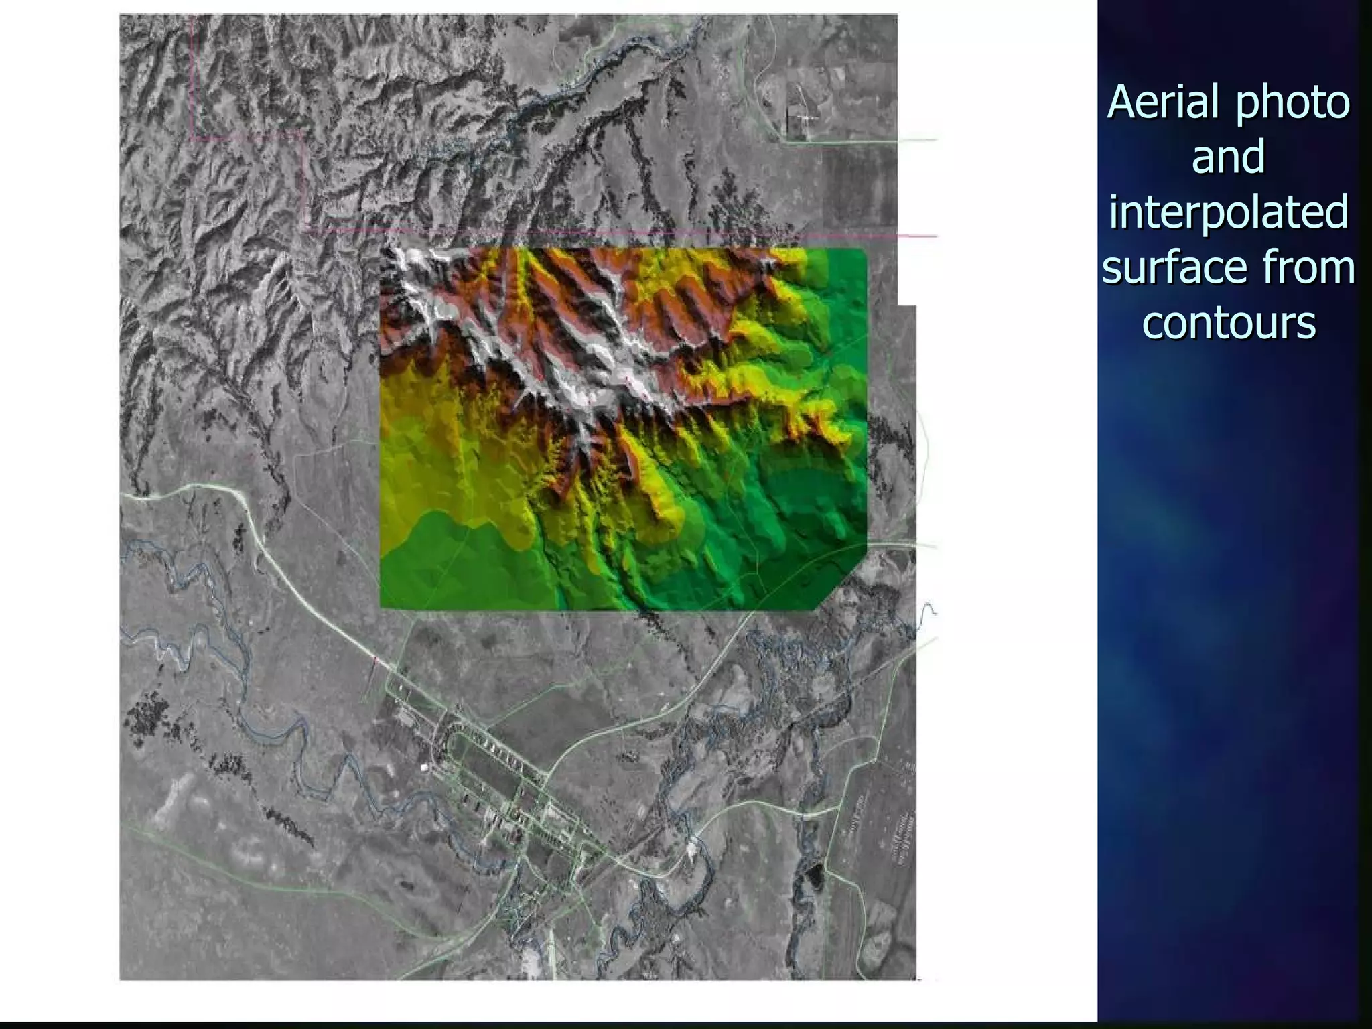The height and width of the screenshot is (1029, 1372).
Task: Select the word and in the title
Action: pyautogui.click(x=1228, y=157)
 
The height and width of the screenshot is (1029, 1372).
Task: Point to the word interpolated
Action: pyautogui.click(x=1228, y=212)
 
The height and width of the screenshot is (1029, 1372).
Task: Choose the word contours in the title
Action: pyautogui.click(x=1228, y=322)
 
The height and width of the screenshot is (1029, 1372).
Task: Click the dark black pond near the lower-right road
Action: pyautogui.click(x=813, y=874)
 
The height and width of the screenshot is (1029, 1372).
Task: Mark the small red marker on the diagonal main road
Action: pyautogui.click(x=375, y=661)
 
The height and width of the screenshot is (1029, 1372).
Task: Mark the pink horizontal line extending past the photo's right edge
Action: pyautogui.click(x=918, y=236)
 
